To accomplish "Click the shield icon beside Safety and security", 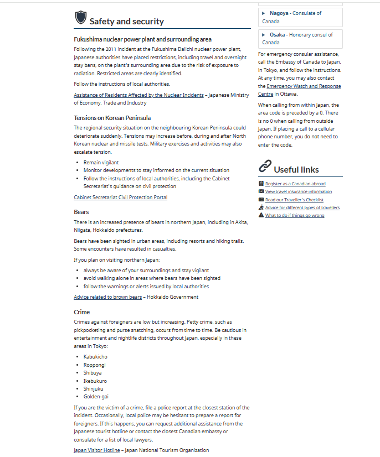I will [x=81, y=18].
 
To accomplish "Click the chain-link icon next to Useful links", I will [x=265, y=166].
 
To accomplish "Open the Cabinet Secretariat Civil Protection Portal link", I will [x=120, y=198].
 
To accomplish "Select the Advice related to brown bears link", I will [x=108, y=297].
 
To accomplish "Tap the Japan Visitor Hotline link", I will [x=97, y=450].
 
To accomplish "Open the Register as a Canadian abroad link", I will [x=295, y=184].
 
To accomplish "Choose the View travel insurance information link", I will [x=299, y=191].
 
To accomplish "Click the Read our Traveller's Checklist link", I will [x=294, y=200].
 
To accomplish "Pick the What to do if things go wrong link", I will [x=295, y=215].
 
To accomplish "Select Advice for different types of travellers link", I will [x=302, y=207].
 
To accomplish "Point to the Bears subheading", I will [x=81, y=212].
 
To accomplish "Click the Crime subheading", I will [x=82, y=312].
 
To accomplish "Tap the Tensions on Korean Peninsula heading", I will [x=112, y=118].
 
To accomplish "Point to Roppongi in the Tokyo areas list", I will [x=94, y=365].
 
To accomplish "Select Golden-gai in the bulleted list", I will [x=96, y=397].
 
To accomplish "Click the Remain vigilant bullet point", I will [x=101, y=163].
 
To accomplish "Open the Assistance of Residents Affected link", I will [x=138, y=95].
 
